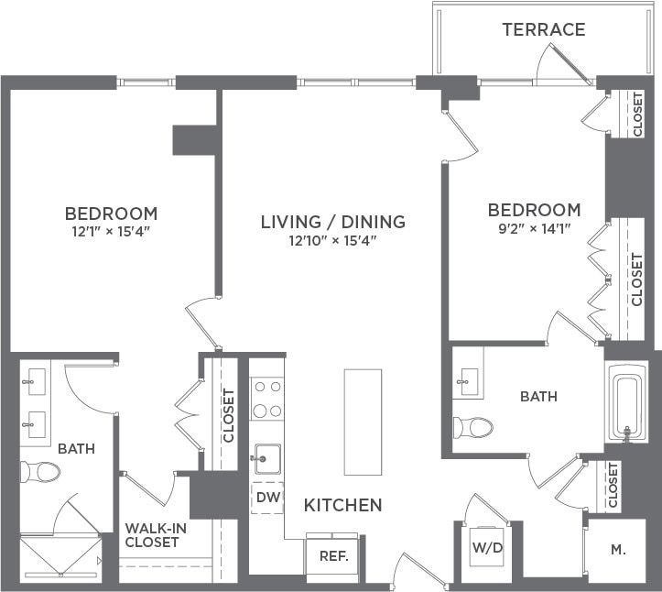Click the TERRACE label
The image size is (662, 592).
543,29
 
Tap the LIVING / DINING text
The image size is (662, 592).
332,222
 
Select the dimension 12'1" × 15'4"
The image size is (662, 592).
111,232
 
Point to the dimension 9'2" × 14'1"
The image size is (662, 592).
534,228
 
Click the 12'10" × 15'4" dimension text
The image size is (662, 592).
332,241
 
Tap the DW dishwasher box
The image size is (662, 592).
266,498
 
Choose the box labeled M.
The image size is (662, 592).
618,550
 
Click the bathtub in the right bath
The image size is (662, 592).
627,404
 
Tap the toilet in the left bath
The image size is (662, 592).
40,472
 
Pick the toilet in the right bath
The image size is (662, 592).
473,428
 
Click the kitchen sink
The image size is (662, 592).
265,456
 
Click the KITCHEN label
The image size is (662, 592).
342,506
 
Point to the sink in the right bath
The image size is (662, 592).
469,383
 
